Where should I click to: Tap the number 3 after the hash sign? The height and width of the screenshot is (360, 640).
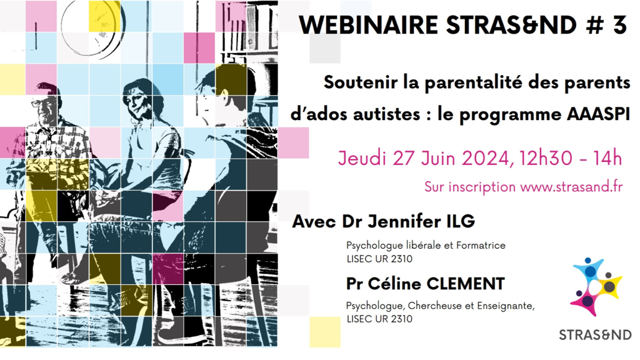tap(619, 25)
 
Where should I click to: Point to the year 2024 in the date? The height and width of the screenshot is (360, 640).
tap(485, 158)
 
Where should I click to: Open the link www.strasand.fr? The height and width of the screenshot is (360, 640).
tap(571, 187)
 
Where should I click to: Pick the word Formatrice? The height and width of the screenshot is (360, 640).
tap(481, 246)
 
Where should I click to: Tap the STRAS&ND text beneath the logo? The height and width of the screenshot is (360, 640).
tap(595, 335)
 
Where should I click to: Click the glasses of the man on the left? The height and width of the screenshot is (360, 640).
tap(42, 103)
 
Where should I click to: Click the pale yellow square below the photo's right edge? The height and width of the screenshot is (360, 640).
tap(325, 332)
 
